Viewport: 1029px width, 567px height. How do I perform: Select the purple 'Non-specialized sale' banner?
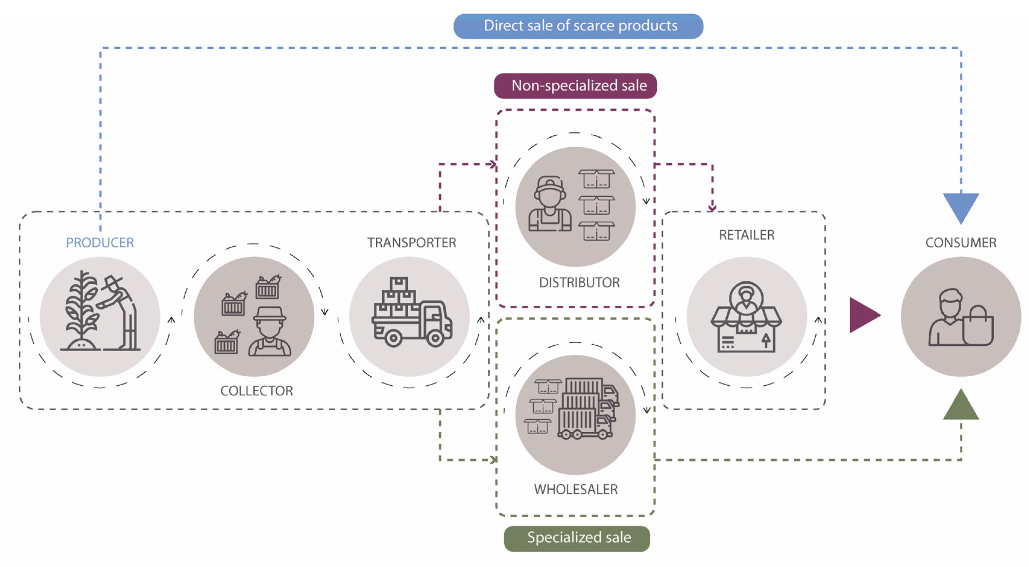point(575,86)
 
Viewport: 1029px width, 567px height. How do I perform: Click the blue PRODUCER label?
point(100,242)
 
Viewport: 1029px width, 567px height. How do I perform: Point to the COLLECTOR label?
point(256,390)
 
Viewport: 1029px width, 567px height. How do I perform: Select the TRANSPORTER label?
point(411,242)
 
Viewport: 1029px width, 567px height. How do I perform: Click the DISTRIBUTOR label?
point(579,283)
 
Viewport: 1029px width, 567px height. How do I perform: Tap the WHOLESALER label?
point(576,489)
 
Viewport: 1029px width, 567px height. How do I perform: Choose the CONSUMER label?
point(961,242)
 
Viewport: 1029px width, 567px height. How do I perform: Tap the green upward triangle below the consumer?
point(961,406)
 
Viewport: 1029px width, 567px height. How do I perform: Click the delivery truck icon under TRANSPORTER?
point(411,313)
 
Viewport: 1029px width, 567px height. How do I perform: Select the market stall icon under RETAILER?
point(746,318)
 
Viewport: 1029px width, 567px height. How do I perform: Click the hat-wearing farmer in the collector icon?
point(270,331)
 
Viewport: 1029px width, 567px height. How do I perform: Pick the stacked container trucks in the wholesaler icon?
point(587,409)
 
